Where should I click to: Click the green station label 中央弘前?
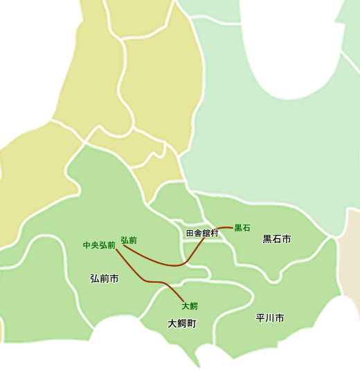(x=99, y=245)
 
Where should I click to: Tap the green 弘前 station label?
(x=129, y=240)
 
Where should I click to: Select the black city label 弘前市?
(x=105, y=279)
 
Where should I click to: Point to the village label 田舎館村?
(x=202, y=233)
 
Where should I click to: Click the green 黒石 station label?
(x=242, y=227)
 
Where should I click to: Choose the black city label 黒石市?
(x=276, y=239)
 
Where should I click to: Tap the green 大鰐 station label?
(x=190, y=306)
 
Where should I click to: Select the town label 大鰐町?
(x=182, y=324)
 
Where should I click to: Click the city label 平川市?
(x=270, y=319)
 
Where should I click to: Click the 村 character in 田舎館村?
(x=215, y=233)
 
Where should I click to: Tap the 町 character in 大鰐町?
(x=192, y=324)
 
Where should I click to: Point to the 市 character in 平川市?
(x=280, y=319)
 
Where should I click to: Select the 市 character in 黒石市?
(x=286, y=239)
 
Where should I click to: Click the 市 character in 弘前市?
(x=114, y=279)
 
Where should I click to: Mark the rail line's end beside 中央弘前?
(x=116, y=249)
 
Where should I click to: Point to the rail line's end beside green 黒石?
(x=233, y=227)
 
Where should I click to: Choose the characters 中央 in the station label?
(x=91, y=245)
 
